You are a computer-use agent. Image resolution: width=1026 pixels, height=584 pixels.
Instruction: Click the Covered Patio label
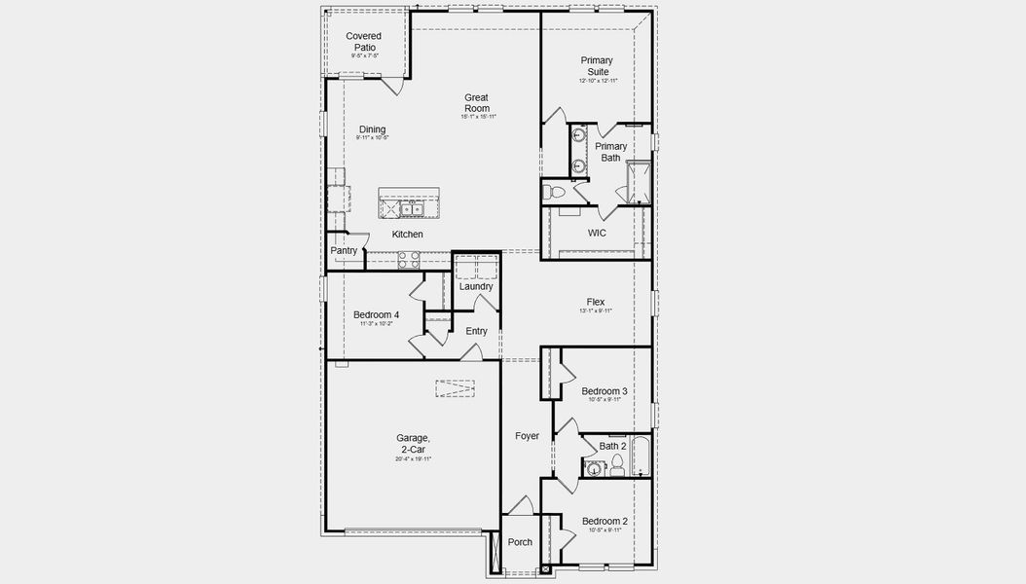364,42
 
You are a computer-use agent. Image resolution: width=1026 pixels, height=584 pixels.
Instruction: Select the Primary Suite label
597,66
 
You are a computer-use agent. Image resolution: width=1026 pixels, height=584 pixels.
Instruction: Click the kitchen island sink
410,208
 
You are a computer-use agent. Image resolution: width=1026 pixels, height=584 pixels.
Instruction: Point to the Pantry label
344,251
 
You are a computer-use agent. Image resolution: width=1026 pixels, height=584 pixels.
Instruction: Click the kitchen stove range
408,259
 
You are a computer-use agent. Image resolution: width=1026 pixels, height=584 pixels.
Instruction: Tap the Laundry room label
476,286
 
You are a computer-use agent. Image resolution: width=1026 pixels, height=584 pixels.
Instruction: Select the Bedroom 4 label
376,314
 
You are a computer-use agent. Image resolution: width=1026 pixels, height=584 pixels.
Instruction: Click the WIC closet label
597,234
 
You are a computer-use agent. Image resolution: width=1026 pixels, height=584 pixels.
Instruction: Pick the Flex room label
596,302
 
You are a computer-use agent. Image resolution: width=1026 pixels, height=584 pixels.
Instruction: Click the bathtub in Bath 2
641,458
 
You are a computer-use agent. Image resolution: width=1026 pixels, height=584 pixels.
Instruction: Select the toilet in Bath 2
615,471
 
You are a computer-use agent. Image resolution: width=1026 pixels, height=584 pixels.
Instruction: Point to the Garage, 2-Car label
413,444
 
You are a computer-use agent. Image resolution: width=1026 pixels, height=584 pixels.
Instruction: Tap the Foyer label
527,436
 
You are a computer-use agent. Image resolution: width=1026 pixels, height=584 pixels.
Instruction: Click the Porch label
520,542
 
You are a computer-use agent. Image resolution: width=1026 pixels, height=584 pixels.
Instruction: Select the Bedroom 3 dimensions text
604,400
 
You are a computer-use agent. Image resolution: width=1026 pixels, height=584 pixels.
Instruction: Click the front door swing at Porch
521,505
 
